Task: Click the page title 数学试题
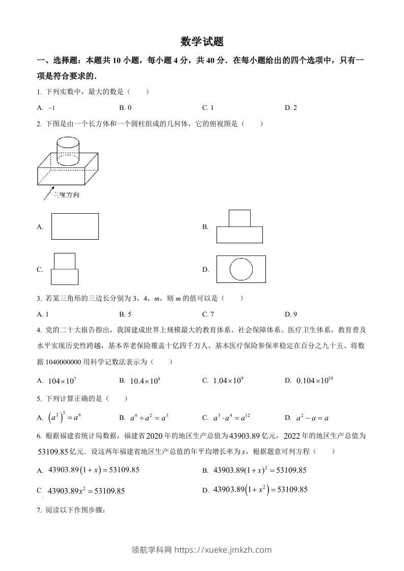tap(202, 41)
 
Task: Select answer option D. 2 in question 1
tap(291, 107)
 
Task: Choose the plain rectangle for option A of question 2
tap(75, 226)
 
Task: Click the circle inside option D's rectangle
tap(241, 269)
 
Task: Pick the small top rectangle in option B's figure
tap(239, 218)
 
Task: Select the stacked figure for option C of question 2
tap(65, 269)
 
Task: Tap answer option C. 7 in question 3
tap(208, 314)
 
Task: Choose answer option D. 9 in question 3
tap(291, 314)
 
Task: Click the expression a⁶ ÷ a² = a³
tap(149, 418)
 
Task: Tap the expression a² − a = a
tap(312, 418)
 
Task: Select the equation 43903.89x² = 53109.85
tap(86, 491)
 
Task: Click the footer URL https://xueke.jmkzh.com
tap(223, 550)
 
